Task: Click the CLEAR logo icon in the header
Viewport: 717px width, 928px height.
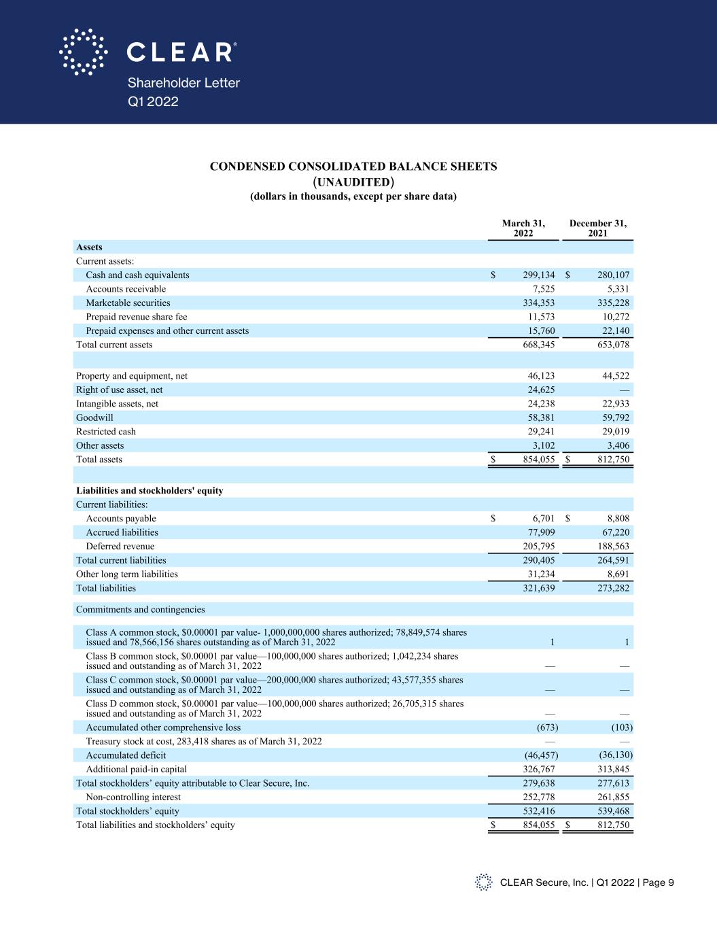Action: [x=83, y=52]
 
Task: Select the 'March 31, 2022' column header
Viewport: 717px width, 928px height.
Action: [x=523, y=228]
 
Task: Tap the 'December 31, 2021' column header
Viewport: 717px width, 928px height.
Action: [x=597, y=228]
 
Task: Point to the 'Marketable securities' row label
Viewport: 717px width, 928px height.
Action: [x=128, y=303]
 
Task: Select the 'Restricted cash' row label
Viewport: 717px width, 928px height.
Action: [x=106, y=432]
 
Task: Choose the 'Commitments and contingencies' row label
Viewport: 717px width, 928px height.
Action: [x=140, y=610]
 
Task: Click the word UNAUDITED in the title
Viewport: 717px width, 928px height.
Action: [x=353, y=182]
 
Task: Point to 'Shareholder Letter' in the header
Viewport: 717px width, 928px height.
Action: [x=183, y=83]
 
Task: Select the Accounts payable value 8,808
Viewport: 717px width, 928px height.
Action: [x=616, y=519]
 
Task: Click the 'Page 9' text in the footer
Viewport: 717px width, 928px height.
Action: [x=657, y=882]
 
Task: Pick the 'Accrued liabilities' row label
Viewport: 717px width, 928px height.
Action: [x=122, y=532]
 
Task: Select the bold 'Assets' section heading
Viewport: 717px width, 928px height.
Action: [x=89, y=247]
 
